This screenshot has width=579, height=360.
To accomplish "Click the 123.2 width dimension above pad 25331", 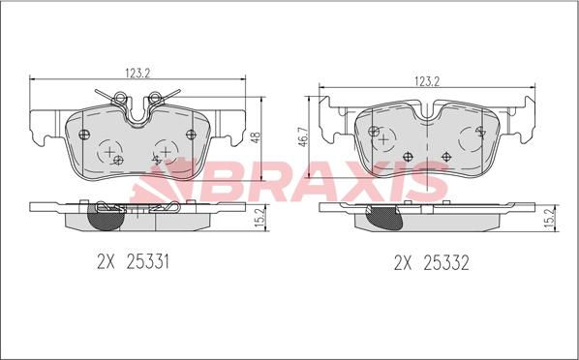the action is [x=137, y=74].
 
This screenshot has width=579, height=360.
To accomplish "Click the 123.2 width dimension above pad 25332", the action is [x=427, y=81].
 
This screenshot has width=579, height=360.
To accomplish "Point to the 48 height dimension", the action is [x=256, y=137].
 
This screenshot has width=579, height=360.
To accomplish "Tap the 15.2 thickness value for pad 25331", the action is [x=259, y=218].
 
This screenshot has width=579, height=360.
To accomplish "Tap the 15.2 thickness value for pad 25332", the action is [x=549, y=218].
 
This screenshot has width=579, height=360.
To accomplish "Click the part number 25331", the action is [x=148, y=262].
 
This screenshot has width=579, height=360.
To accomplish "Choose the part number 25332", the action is [x=446, y=263].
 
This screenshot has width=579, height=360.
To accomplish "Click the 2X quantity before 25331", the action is [x=107, y=262].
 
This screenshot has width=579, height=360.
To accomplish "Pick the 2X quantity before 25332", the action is [x=403, y=263].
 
